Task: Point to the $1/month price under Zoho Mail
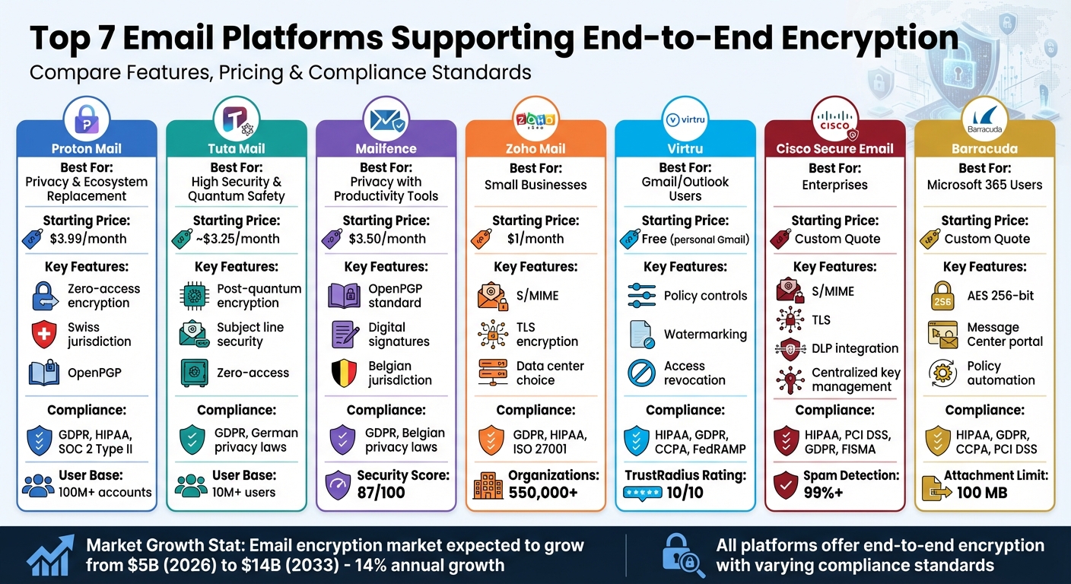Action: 535,239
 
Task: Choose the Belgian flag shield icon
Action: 344,373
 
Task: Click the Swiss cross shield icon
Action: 44,335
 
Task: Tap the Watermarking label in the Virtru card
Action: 705,335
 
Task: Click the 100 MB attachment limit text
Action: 981,492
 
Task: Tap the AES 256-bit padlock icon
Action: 942,296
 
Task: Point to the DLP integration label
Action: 855,348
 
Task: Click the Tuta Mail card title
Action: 236,148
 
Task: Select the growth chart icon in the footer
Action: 51,555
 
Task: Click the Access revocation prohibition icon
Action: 641,373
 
